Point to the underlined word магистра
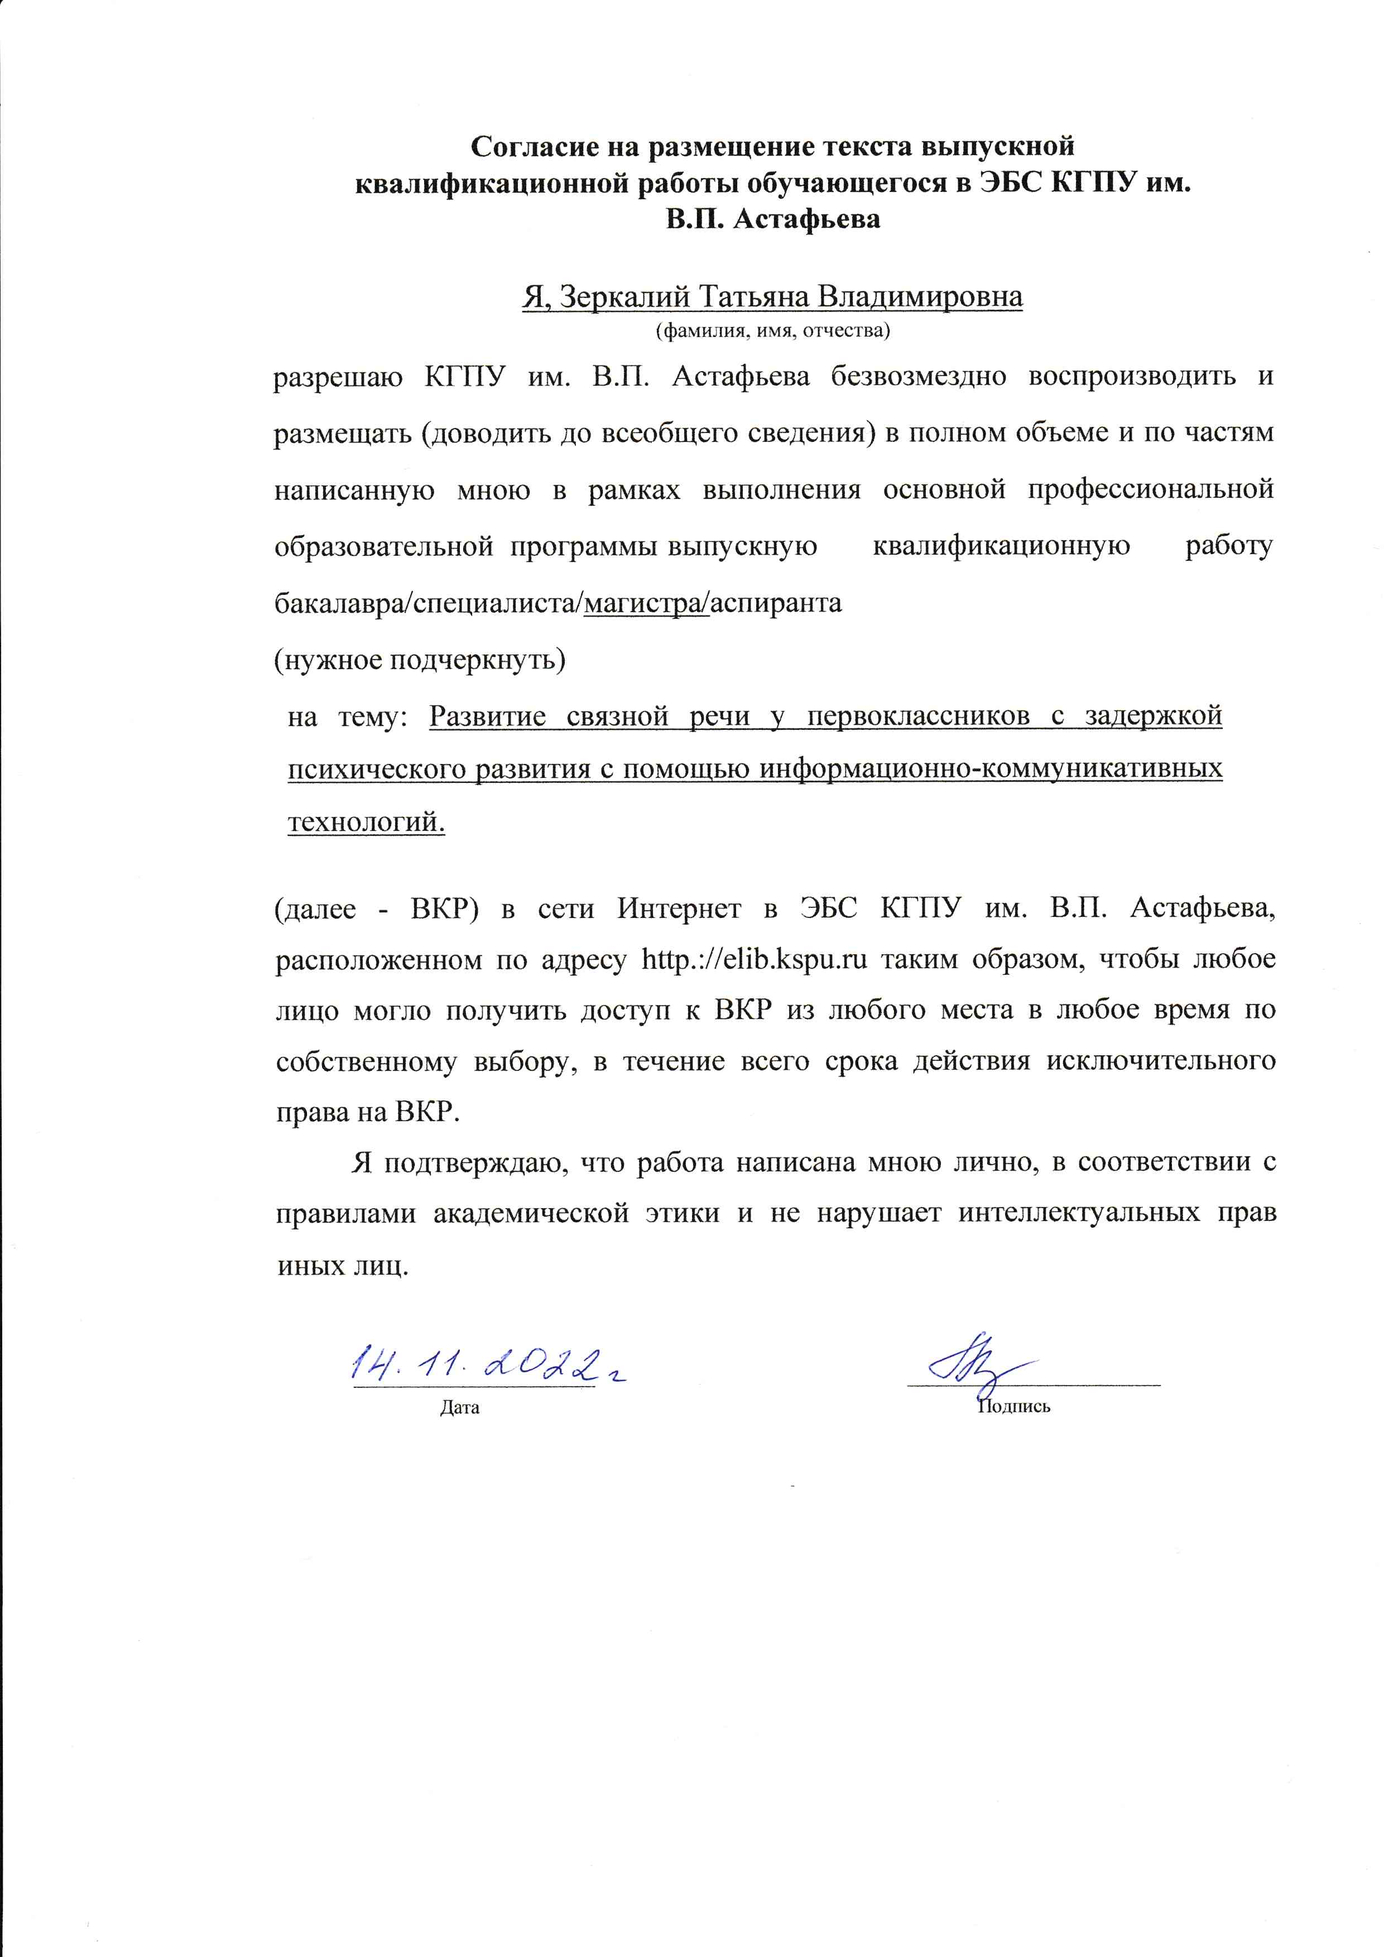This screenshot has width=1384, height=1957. point(645,603)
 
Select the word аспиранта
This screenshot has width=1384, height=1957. point(776,603)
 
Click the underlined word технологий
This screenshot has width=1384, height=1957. point(367,823)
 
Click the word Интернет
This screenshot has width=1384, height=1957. point(679,908)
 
